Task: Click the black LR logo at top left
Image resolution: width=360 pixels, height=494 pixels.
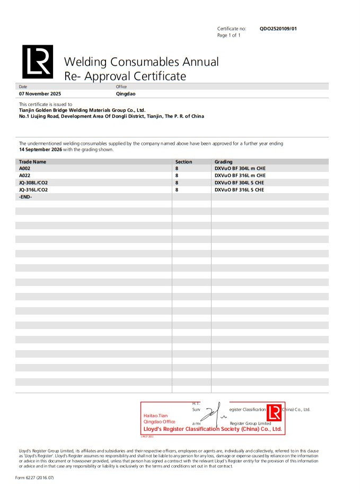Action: (37, 62)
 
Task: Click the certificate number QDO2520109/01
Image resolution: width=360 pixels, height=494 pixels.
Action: (278, 28)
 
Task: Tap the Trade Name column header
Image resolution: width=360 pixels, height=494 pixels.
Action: (32, 162)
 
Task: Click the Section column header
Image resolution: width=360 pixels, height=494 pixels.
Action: (183, 162)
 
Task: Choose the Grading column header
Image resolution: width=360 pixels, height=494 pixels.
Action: (223, 162)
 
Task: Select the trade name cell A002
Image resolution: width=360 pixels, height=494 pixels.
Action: (25, 168)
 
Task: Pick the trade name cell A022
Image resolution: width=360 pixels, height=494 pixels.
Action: (25, 175)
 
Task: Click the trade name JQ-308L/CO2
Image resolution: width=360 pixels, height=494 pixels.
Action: (33, 183)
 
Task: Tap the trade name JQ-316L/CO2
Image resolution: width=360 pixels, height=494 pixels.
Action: (33, 189)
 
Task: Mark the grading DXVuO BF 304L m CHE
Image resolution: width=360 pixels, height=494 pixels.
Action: (240, 168)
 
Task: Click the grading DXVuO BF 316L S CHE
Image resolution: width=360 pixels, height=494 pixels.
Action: (239, 189)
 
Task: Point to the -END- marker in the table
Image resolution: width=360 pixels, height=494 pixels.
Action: (25, 196)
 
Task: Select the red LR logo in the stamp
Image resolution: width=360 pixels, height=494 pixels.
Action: (274, 413)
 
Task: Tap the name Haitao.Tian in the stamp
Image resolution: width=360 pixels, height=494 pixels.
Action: (155, 415)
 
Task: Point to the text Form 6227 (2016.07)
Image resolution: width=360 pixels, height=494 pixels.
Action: (34, 478)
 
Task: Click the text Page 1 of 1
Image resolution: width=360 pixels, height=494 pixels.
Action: (229, 35)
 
